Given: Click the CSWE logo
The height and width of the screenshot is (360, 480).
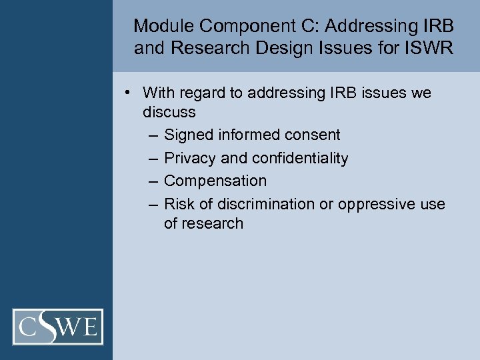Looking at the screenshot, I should [58, 327].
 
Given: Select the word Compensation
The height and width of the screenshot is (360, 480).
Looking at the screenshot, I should [215, 181].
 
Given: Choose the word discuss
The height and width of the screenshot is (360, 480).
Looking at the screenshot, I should [169, 112].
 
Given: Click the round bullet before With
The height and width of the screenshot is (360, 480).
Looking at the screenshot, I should [127, 93].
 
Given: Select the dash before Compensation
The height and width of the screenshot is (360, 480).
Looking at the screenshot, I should [154, 181].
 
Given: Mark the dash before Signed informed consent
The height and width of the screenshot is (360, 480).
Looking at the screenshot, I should [154, 135].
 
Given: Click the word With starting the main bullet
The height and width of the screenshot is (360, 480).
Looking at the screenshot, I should [157, 93].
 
